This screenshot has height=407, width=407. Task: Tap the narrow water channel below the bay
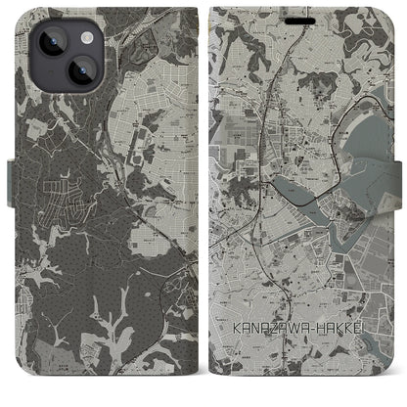coord(342,231)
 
